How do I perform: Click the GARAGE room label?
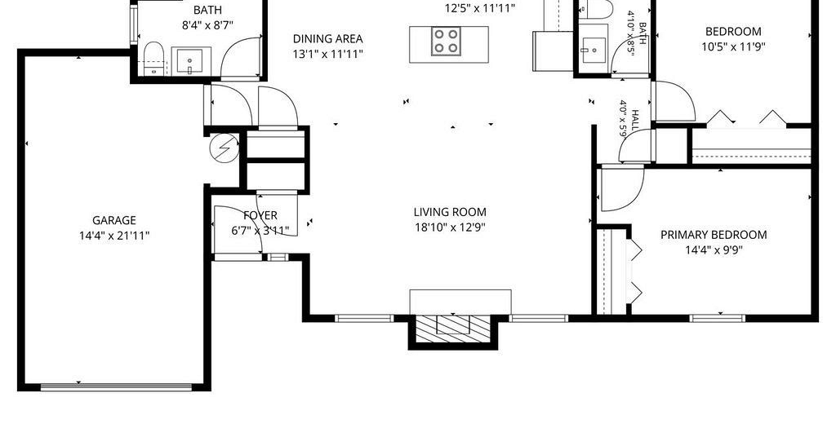(114, 220)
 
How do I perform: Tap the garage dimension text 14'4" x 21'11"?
(114, 236)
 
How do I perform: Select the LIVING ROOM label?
(450, 212)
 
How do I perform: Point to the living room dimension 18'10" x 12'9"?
(450, 227)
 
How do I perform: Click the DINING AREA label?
(328, 39)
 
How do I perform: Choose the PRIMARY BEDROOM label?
(714, 235)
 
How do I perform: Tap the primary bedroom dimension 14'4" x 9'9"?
(714, 250)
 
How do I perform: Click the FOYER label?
(260, 215)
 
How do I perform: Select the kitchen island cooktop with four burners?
(446, 42)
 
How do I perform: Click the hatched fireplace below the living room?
(452, 329)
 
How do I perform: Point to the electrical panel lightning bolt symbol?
(225, 147)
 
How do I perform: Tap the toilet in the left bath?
(153, 59)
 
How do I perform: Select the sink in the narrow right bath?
(593, 50)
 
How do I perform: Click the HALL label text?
(635, 121)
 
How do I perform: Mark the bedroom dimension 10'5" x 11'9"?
(733, 46)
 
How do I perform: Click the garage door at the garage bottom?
(116, 387)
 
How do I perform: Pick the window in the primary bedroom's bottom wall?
(717, 318)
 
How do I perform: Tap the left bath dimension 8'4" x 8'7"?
(208, 25)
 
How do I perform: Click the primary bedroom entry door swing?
(621, 189)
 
